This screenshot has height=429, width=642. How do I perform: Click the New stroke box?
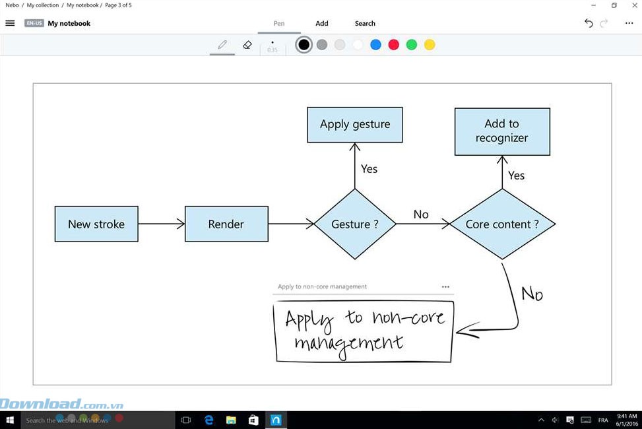pos(96,224)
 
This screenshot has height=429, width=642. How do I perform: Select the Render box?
pos(226,224)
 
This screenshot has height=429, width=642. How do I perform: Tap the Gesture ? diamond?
pos(355,224)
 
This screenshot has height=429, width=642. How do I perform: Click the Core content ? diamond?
pos(502,224)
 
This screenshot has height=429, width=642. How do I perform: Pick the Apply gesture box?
pos(355,124)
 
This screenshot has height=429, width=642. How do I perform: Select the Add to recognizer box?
pos(502,131)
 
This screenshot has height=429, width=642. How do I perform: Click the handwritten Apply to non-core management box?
pos(364,331)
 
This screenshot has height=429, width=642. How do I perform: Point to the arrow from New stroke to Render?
pos(162,224)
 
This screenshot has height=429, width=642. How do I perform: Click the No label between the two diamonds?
pos(421,214)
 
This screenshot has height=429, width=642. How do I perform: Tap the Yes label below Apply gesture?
pos(369,169)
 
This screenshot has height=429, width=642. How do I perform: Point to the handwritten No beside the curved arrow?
pos(532,293)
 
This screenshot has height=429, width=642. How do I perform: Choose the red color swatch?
pos(394,45)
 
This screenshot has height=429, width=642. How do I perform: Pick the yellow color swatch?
pos(430,45)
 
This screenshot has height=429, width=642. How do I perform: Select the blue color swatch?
pos(376,45)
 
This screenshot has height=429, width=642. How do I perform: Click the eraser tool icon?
pos(247,45)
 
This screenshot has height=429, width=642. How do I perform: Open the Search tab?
pos(365,24)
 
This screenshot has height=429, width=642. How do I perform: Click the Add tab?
pos(322,24)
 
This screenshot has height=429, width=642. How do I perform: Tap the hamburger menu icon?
pos(10,23)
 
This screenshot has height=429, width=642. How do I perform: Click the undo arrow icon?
pos(589,23)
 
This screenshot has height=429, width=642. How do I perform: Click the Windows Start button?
pos(10,420)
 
